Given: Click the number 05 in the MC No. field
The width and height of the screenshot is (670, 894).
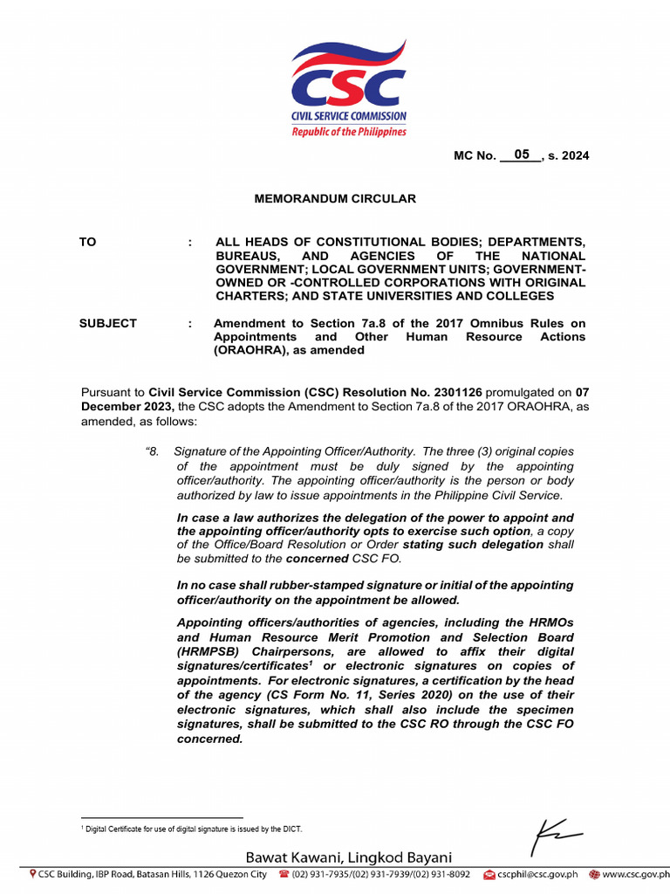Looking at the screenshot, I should (522, 155).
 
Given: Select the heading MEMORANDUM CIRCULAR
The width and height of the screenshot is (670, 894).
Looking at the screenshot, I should (335, 199).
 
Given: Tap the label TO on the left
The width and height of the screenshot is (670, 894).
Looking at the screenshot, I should (88, 242).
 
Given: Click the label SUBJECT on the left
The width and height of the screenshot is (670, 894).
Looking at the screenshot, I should (108, 323).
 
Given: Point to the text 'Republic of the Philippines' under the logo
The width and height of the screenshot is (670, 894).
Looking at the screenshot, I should (349, 132).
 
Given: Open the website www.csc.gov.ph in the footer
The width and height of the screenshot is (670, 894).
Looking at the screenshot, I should (633, 874).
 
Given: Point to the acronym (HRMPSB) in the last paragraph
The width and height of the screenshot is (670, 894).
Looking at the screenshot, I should (210, 652).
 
